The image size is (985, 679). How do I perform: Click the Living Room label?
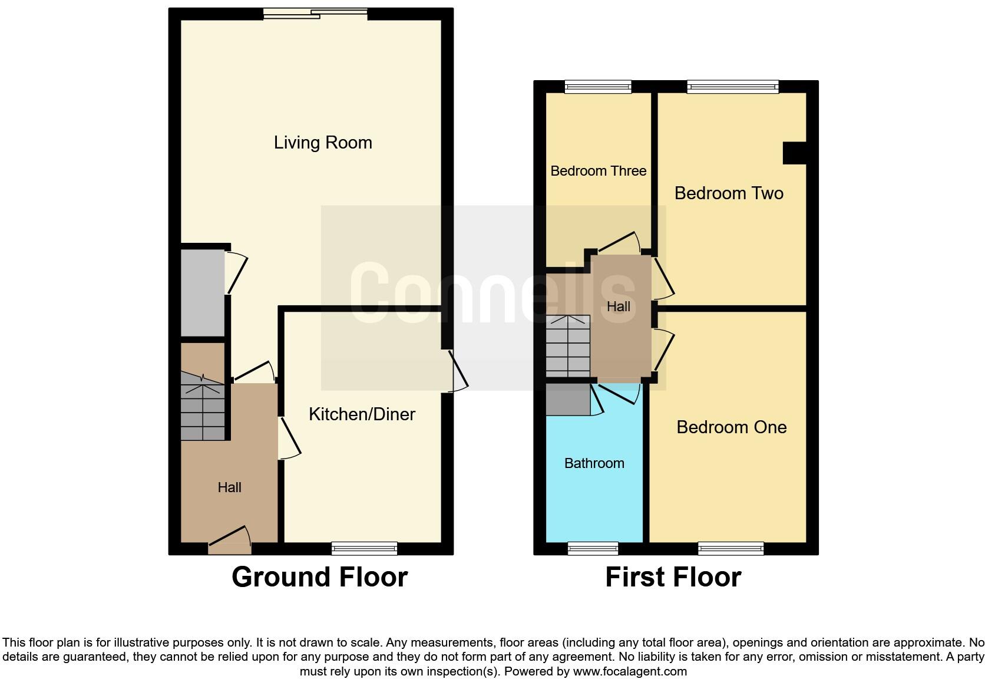tap(323, 143)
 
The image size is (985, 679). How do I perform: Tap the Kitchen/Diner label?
tap(362, 414)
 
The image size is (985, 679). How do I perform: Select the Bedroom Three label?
tap(598, 171)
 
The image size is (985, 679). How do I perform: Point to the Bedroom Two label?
tap(729, 193)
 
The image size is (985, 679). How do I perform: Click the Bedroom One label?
tap(731, 427)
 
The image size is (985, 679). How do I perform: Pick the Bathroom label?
tap(594, 463)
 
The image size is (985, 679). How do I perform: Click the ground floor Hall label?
tap(229, 487)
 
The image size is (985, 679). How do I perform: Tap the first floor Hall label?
tap(618, 306)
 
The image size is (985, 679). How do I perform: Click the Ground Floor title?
tap(319, 577)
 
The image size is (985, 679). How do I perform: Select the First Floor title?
tap(673, 577)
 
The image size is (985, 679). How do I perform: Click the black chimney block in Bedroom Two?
tap(794, 153)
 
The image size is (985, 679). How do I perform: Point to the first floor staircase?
tap(567, 347)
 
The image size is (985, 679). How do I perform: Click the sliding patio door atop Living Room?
tap(315, 14)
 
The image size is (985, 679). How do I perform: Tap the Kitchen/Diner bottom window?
tap(364, 549)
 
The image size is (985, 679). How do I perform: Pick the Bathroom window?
tap(593, 549)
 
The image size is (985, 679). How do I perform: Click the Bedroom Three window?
tap(597, 87)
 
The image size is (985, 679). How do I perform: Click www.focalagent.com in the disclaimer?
tap(629, 671)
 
